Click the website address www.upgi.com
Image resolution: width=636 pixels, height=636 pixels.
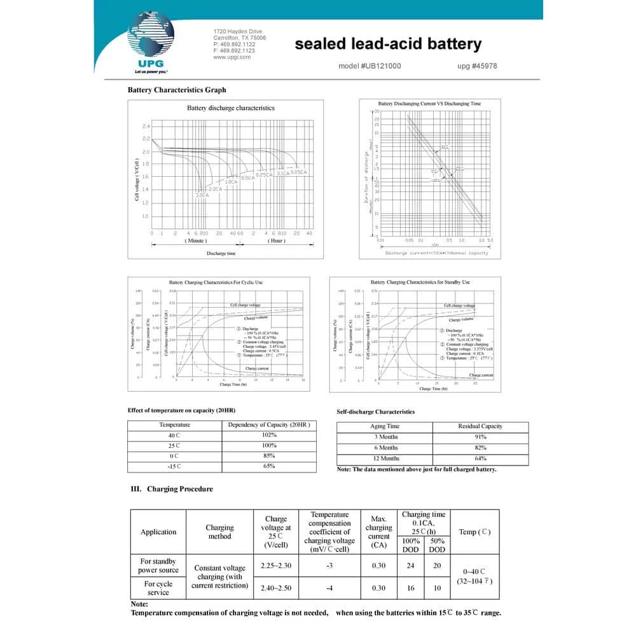(232, 57)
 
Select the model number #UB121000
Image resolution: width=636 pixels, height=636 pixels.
(370, 66)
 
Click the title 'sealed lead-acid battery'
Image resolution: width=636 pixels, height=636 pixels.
(388, 44)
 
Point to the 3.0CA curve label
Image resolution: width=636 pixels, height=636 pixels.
(202, 195)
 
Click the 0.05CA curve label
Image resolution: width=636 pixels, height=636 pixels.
(299, 172)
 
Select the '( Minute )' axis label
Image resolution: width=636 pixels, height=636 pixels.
(196, 241)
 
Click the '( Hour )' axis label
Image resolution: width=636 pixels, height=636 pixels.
(277, 241)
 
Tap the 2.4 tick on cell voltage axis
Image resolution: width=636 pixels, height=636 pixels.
(146, 126)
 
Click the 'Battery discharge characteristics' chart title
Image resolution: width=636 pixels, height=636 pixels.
(231, 108)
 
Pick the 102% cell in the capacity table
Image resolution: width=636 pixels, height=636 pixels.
(269, 435)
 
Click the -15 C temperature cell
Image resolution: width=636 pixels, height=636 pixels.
(174, 466)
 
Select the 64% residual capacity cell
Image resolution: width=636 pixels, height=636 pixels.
(480, 459)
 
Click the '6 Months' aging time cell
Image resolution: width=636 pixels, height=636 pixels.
(385, 448)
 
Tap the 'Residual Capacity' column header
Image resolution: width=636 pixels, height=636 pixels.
(480, 426)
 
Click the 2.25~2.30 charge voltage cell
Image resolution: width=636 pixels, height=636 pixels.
(276, 565)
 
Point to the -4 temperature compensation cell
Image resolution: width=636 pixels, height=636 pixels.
(329, 588)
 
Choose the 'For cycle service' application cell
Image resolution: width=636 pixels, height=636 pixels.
(158, 588)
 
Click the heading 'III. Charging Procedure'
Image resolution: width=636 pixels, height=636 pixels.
(172, 489)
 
